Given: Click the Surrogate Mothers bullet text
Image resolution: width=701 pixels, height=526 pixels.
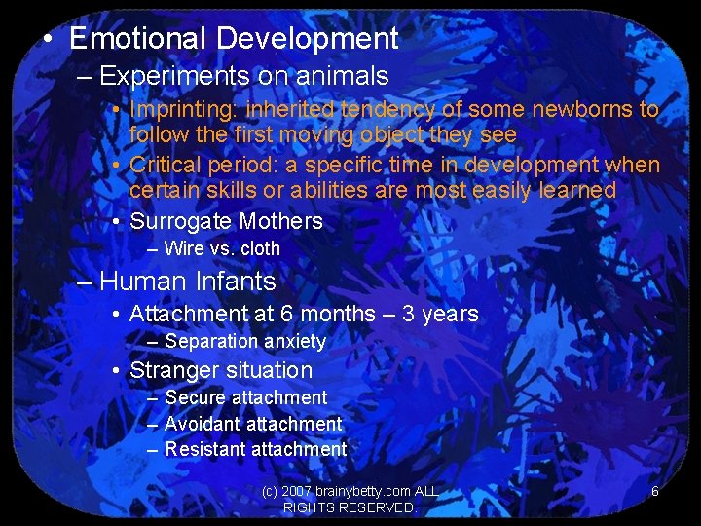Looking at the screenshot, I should point(226,221).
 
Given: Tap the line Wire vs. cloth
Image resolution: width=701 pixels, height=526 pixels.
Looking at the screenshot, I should point(222,248).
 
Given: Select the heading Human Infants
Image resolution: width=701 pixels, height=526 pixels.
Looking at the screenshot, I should point(188,282).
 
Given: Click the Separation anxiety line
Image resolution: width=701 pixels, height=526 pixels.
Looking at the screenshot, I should point(244,342).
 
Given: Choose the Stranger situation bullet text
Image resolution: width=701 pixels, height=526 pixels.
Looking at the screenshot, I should point(221,370).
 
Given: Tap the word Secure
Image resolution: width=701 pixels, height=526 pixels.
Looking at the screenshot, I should point(193,397).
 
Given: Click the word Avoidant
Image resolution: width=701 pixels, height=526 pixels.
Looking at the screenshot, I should point(202,424).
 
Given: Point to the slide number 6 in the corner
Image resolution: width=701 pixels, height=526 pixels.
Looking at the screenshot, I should point(655,492).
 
